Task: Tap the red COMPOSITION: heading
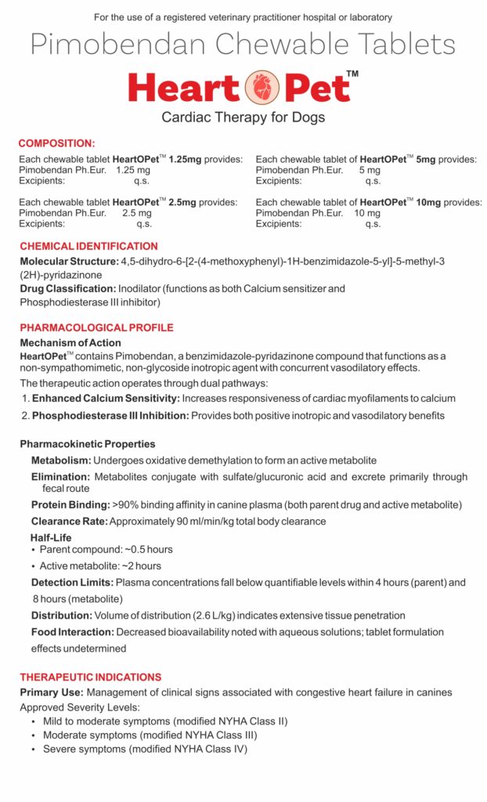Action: tap(56, 143)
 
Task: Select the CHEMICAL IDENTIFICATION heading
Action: tap(88, 246)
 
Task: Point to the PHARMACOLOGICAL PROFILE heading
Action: tap(96, 327)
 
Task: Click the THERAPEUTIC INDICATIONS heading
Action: tap(90, 677)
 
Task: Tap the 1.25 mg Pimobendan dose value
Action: tap(132, 170)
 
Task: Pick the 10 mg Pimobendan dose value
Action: tap(367, 213)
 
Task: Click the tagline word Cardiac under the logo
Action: tap(187, 118)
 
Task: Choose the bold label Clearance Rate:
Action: tap(70, 521)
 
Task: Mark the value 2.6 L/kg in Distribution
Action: tap(214, 616)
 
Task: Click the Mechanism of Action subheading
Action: tap(70, 342)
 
